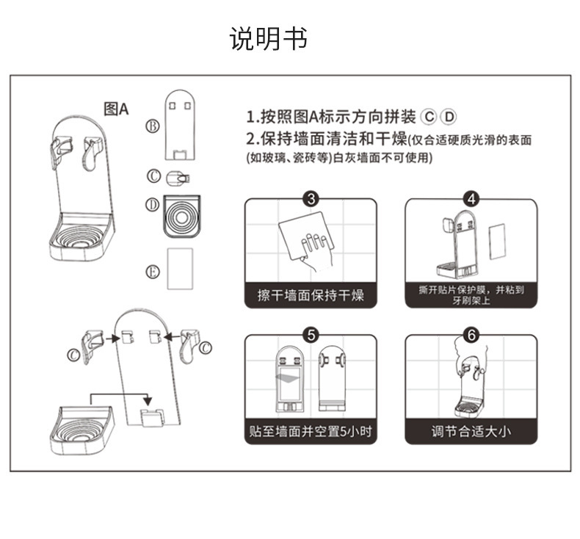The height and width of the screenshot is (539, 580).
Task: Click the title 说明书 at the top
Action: (x=269, y=38)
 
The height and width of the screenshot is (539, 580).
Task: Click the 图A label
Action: (x=116, y=109)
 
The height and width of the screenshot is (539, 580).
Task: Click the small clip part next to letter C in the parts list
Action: (x=178, y=177)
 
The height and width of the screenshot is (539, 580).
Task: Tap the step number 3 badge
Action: (x=311, y=199)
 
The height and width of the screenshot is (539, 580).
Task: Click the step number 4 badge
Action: (x=471, y=199)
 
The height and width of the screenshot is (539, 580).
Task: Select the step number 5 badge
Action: (x=311, y=336)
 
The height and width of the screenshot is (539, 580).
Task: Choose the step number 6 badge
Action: (x=471, y=336)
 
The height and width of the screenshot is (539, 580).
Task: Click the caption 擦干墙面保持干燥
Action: (x=311, y=296)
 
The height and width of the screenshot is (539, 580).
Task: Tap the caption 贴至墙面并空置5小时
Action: (x=311, y=431)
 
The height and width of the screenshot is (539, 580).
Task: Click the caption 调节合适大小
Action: (x=471, y=431)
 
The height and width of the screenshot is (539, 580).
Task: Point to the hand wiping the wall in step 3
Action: (x=316, y=252)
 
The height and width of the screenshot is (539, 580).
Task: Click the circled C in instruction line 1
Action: (x=429, y=117)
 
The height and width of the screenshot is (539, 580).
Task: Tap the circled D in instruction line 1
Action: (x=449, y=117)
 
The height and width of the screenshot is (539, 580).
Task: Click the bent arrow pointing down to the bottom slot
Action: (x=121, y=396)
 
